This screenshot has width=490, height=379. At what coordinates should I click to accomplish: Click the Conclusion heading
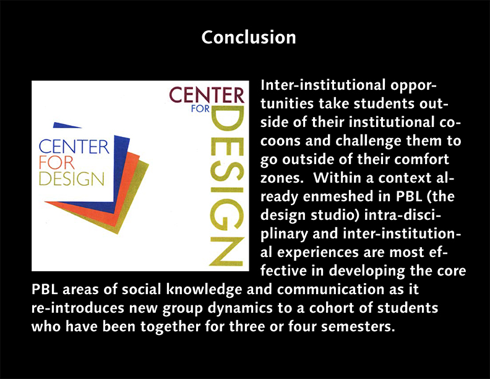[x=249, y=37]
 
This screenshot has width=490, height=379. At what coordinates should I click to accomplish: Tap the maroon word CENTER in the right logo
[x=207, y=95]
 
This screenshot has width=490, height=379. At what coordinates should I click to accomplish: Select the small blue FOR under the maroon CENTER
[x=200, y=108]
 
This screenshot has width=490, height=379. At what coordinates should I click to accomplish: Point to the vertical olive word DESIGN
[x=226, y=186]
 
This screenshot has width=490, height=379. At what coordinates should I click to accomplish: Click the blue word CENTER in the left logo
[x=74, y=147]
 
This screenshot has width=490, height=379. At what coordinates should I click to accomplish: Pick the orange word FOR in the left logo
[x=56, y=163]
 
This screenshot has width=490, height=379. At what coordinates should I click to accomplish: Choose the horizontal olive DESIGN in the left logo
[x=71, y=178]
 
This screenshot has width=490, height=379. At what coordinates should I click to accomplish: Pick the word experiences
[x=318, y=252]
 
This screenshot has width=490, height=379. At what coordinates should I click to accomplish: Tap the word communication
[x=330, y=289]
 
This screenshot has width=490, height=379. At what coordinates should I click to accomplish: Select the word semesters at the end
[x=356, y=327]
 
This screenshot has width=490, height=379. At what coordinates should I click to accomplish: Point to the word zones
[x=282, y=178]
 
